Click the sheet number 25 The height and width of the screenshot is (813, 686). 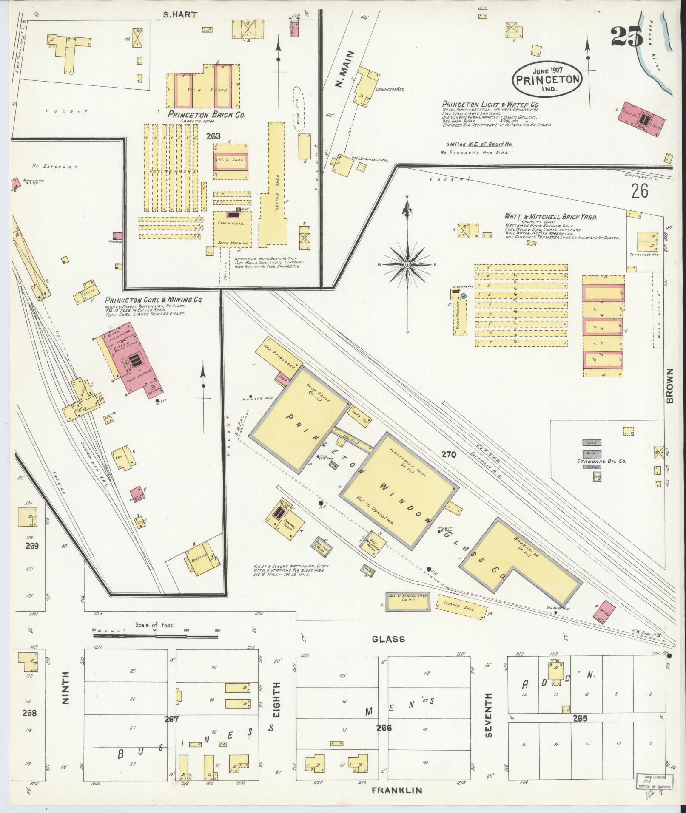[626, 37]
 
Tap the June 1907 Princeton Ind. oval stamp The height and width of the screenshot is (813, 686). [547, 79]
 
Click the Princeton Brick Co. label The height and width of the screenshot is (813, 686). [206, 115]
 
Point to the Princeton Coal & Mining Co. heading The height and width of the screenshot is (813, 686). [154, 300]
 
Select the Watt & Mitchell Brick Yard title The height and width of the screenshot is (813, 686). [551, 218]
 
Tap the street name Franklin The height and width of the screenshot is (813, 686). [397, 790]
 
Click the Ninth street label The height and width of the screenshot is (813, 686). [65, 694]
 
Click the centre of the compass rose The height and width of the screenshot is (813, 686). [407, 265]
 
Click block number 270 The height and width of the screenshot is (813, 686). [448, 455]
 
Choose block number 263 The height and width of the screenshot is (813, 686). [213, 136]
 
